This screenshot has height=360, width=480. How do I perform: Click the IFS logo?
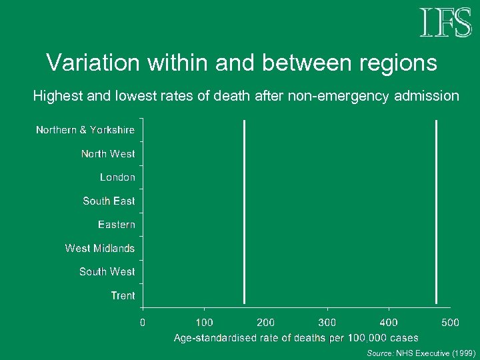click(x=445, y=23)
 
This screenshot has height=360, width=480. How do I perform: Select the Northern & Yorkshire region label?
click(x=85, y=130)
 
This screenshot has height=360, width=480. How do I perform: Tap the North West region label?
click(x=108, y=154)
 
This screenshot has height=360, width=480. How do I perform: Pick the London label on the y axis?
click(x=117, y=177)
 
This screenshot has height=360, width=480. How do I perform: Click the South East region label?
click(x=109, y=201)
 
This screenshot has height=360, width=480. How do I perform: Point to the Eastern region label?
click(x=117, y=225)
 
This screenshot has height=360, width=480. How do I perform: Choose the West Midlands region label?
click(x=100, y=248)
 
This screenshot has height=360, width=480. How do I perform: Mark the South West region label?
click(x=107, y=272)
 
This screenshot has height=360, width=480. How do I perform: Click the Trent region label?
click(x=123, y=295)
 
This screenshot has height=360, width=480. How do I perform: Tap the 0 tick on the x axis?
click(x=143, y=323)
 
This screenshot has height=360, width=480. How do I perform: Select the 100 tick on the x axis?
click(x=204, y=323)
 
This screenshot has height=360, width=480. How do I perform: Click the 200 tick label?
click(x=266, y=323)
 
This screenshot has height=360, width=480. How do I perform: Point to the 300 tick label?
click(x=327, y=323)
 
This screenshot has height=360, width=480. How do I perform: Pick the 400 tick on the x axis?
click(x=389, y=323)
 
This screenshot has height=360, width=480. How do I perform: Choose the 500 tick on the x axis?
click(x=450, y=323)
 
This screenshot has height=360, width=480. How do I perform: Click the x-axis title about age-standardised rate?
click(x=296, y=339)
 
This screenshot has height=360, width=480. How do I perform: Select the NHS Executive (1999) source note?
click(x=421, y=353)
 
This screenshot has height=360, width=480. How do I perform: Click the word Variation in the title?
click(x=90, y=63)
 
